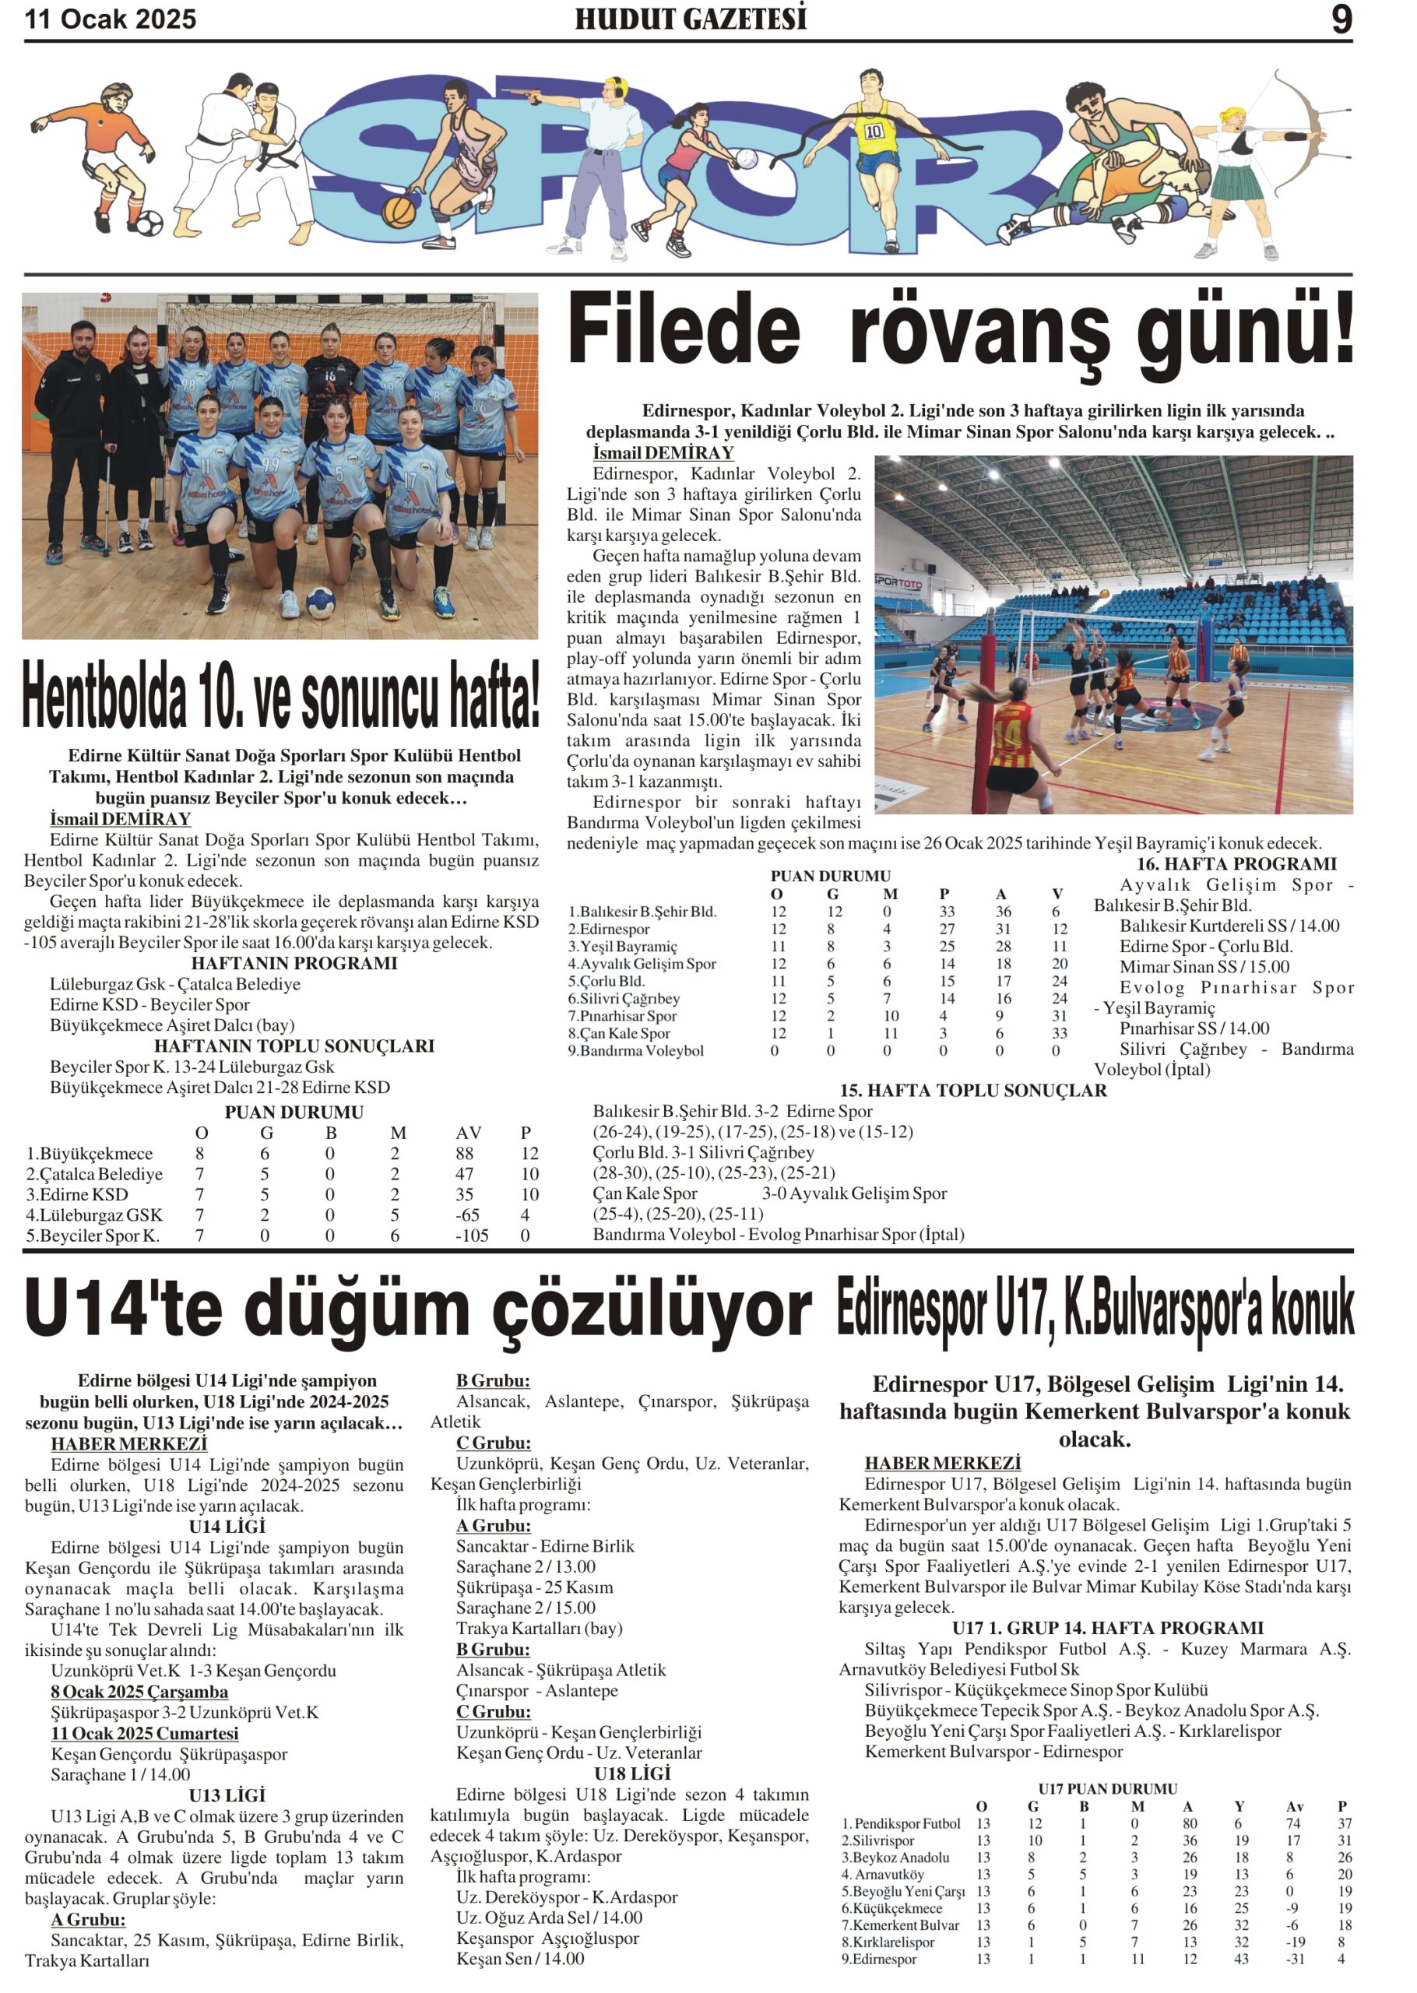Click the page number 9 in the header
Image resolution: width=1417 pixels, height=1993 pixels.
[1341, 19]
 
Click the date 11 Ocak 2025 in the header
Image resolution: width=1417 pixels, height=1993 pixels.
[111, 19]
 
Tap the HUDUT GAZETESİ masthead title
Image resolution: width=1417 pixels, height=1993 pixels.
[690, 19]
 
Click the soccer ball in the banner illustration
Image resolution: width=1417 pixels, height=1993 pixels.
[149, 223]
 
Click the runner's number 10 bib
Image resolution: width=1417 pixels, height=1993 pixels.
[874, 131]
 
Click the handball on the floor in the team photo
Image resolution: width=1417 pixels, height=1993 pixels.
[320, 601]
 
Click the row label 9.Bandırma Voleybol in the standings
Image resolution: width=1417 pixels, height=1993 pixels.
[636, 1051]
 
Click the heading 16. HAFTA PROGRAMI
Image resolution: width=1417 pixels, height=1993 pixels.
[1236, 863]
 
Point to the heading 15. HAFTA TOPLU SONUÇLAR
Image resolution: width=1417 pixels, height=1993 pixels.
[973, 1090]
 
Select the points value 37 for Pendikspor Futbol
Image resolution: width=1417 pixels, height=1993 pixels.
[1344, 1823]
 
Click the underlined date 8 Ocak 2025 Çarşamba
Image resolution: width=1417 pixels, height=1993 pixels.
[139, 1691]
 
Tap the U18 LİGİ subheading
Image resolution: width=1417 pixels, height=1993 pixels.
[631, 1773]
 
